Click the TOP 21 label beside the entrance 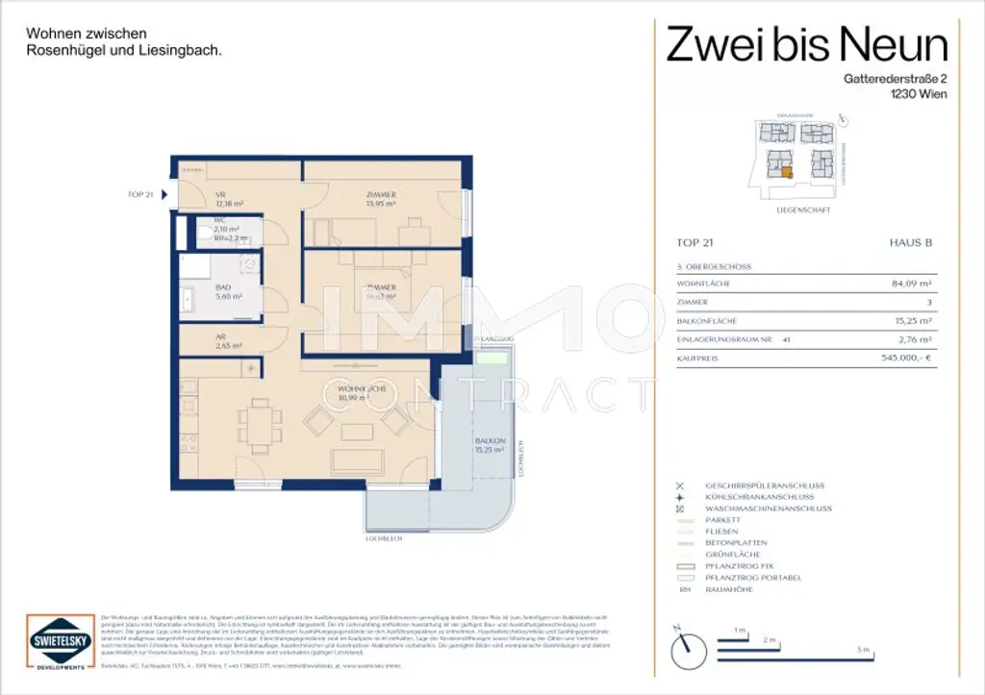point(140,194)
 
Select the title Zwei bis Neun point(807,44)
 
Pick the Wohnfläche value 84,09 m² point(912,284)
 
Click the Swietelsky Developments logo point(56,638)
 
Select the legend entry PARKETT point(722,520)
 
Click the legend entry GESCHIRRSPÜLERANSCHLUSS point(765,485)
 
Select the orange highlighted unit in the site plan point(786,173)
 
